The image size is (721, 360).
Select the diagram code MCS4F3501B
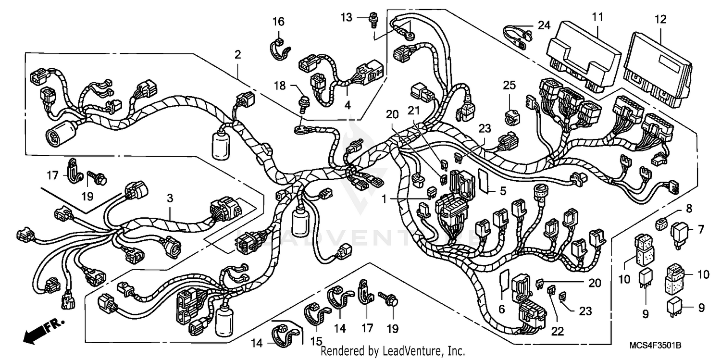tap(659, 346)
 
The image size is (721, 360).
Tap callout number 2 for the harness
tap(237, 55)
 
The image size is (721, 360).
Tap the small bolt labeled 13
tap(373, 19)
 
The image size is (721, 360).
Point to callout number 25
tap(509, 86)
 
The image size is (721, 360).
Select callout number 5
tap(503, 191)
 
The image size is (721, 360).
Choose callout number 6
tap(502, 310)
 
